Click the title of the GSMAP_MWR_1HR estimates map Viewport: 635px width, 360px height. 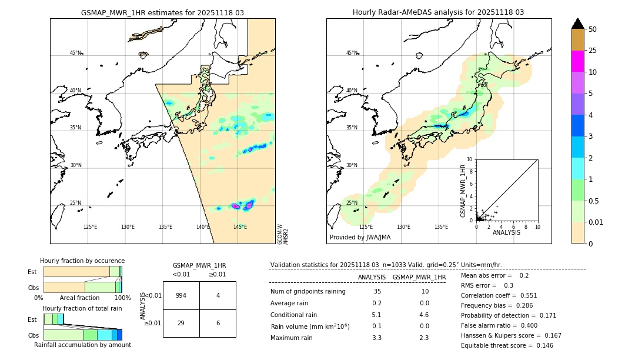coord(162,12)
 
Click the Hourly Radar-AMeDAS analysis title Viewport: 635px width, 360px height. coord(438,12)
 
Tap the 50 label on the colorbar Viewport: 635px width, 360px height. coord(593,29)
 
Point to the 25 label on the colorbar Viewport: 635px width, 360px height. coord(593,51)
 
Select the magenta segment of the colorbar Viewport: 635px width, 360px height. coord(577,61)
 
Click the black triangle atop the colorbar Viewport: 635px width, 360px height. coord(577,24)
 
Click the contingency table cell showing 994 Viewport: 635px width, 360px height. coord(181,295)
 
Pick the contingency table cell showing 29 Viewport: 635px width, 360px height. coord(181,323)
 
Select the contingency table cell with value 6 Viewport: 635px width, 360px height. coord(218,323)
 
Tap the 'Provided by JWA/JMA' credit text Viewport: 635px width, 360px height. coord(360,238)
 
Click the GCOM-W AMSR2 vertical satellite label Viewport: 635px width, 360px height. coord(282,234)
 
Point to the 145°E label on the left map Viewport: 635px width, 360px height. coord(240,227)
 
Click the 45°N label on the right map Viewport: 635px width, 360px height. coord(351,53)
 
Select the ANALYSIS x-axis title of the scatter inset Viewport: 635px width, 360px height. coord(506,232)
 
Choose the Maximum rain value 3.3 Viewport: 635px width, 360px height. coord(377,338)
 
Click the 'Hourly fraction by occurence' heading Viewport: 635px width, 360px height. coord(82,261)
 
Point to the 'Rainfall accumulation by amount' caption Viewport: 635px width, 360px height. coord(82,345)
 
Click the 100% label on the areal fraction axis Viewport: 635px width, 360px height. coord(122,298)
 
